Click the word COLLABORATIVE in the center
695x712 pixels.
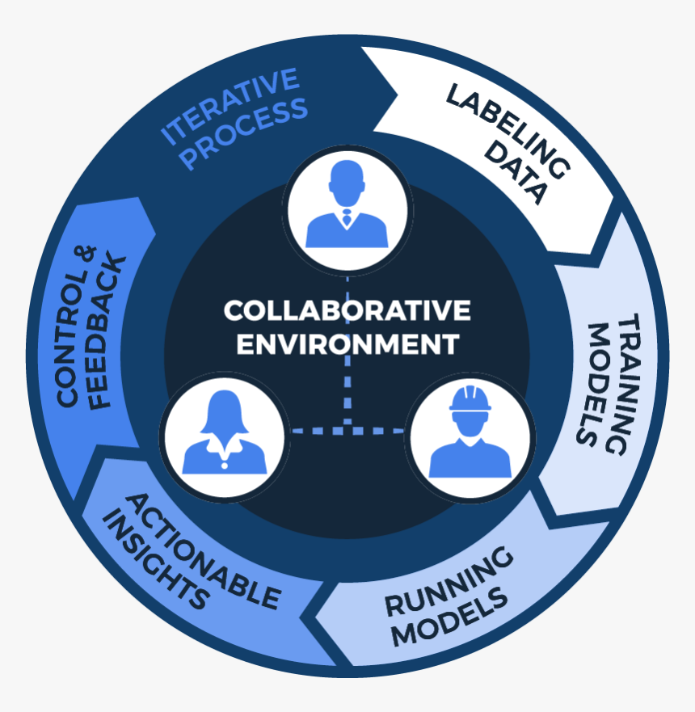(347, 311)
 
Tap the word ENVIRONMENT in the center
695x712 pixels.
(347, 343)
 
